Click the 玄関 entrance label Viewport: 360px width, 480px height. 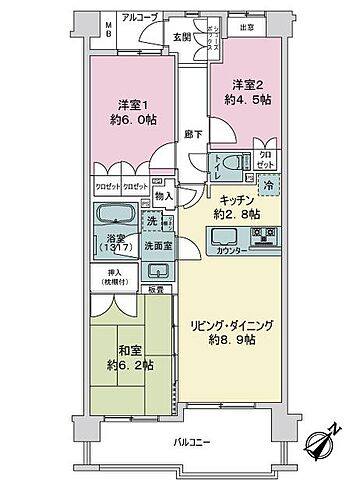point(181,37)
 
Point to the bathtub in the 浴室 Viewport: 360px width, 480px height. point(115,217)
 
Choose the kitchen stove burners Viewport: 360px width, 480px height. point(265,237)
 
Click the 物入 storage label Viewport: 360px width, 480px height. point(166,197)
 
